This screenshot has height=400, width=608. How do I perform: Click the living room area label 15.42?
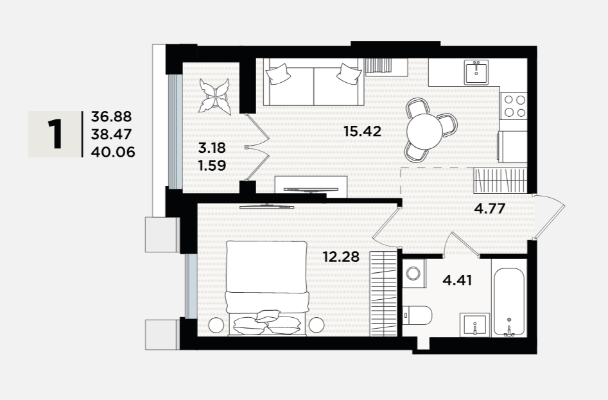pyautogui.click(x=363, y=132)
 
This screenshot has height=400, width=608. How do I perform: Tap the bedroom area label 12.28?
pyautogui.click(x=341, y=256)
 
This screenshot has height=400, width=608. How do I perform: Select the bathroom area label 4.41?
pyautogui.click(x=457, y=280)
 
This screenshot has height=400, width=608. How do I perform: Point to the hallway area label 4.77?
pyautogui.click(x=490, y=209)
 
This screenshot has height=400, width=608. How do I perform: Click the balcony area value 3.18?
pyautogui.click(x=212, y=148)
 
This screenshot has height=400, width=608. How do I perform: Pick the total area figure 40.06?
pyautogui.click(x=113, y=152)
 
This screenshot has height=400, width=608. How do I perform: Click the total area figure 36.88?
pyautogui.click(x=111, y=116)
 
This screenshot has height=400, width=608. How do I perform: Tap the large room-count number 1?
pyautogui.click(x=55, y=134)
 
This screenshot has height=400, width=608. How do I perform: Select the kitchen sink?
pyautogui.click(x=476, y=72)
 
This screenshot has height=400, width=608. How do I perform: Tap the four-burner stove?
pyautogui.click(x=514, y=106)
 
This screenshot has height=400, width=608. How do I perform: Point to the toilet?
pyautogui.click(x=417, y=316)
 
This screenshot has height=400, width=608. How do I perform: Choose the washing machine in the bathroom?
pyautogui.click(x=414, y=274)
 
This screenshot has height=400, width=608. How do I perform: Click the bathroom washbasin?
pyautogui.click(x=474, y=325)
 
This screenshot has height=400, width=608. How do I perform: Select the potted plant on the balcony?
pyautogui.click(x=214, y=96)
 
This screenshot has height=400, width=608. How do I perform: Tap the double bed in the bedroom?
pyautogui.click(x=267, y=288)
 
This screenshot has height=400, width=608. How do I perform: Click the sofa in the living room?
pyautogui.click(x=314, y=82)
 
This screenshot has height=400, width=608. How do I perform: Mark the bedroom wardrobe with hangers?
pyautogui.click(x=384, y=293)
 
